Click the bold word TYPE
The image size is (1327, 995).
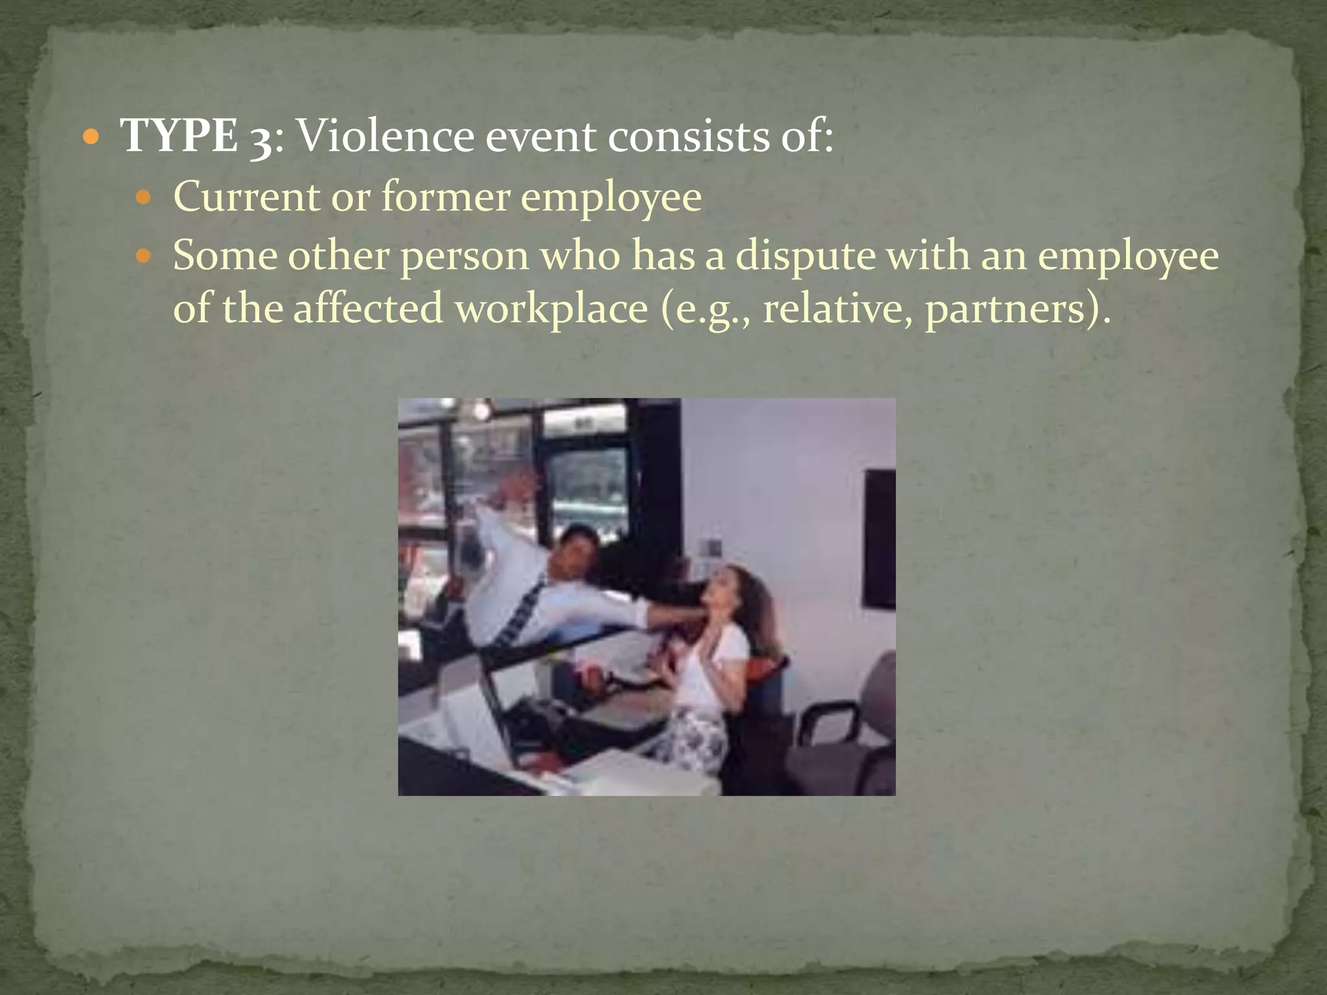pyautogui.click(x=179, y=136)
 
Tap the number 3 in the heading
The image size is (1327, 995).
pyautogui.click(x=260, y=139)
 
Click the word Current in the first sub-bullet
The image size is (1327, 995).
pyautogui.click(x=246, y=196)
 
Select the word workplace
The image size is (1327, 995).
pyautogui.click(x=551, y=308)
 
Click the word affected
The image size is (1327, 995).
pyautogui.click(x=367, y=308)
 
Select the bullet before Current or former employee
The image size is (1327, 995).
pyautogui.click(x=144, y=197)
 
